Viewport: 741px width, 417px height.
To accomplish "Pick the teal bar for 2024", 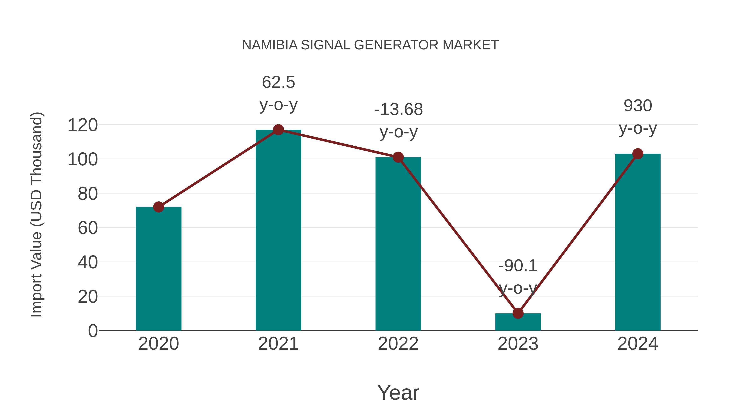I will (638, 242).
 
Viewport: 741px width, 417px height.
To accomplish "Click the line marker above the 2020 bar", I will (158, 207).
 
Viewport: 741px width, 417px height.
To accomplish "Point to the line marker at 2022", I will (398, 157).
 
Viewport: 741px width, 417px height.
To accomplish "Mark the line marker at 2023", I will (518, 313).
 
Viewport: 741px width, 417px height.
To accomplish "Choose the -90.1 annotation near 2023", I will (518, 266).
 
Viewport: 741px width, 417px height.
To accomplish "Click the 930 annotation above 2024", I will (638, 106).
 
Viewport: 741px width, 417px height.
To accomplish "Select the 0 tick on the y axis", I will (93, 331).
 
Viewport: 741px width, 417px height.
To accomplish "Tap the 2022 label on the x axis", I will (398, 344).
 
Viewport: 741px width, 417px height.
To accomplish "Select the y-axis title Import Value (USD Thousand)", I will (37, 214).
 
